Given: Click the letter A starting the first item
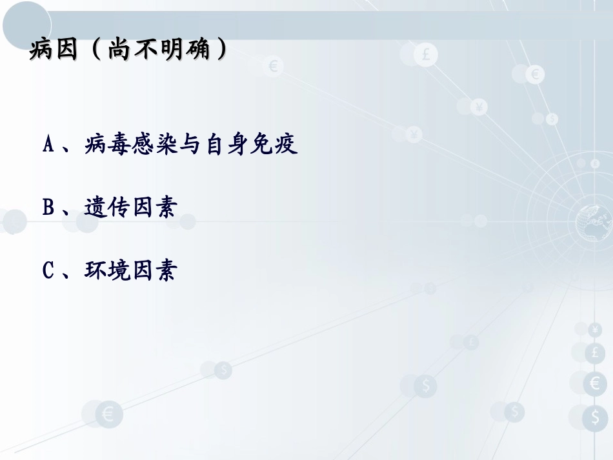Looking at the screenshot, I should pos(48,145).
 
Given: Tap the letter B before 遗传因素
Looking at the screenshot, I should pos(48,207).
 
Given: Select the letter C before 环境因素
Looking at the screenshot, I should pos(48,270).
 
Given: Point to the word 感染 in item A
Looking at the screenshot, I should pos(153,145).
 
